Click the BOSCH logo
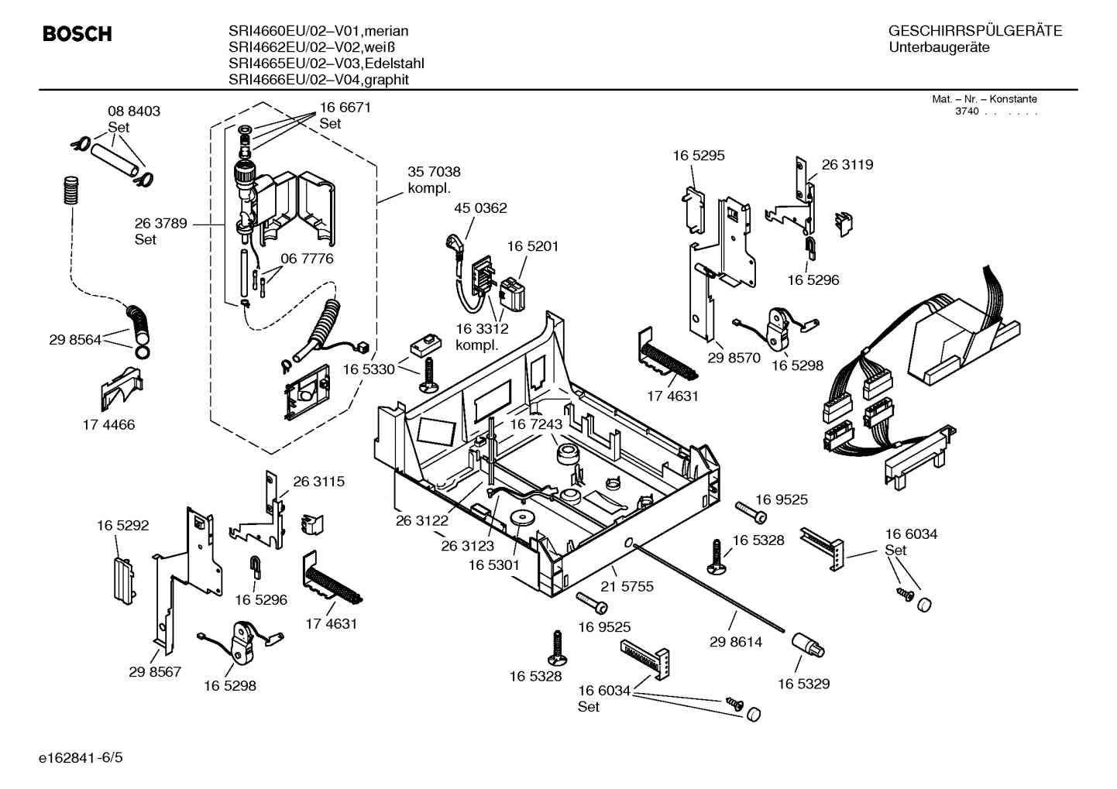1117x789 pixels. (77, 34)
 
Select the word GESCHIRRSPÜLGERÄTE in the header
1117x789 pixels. (974, 31)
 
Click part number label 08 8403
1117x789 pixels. (134, 111)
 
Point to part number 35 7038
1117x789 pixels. (434, 172)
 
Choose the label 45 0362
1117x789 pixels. (480, 208)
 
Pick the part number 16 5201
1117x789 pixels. (533, 246)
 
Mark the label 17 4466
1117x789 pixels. (108, 424)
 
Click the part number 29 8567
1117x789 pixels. (155, 671)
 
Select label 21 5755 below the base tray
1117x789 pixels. (627, 586)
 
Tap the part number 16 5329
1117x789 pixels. (803, 684)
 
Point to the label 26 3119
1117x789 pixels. (847, 164)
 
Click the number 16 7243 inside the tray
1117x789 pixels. (535, 424)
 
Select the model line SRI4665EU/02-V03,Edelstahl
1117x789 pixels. (326, 63)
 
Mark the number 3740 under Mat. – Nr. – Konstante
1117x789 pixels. (966, 111)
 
